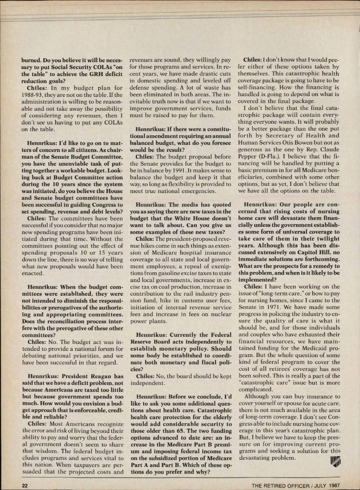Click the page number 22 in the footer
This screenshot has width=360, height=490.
click(x=25, y=485)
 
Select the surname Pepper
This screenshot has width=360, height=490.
click(x=247, y=156)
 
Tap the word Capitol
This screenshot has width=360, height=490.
click(x=302, y=252)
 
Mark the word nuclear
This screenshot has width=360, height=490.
click(x=221, y=314)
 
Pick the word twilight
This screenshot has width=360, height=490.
click(x=327, y=239)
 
